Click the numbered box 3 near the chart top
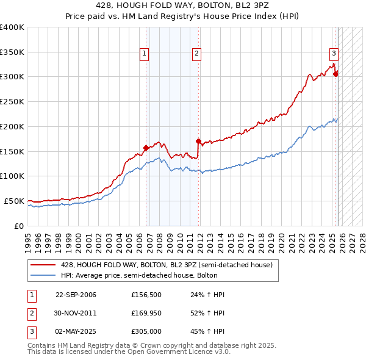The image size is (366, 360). [x=334, y=52]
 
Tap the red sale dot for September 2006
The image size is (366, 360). [x=146, y=148]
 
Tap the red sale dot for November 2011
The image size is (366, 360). [x=198, y=141]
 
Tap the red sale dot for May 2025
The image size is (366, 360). [x=335, y=74]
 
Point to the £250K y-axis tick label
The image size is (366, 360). [x=12, y=101]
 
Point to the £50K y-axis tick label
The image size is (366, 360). [x=14, y=201]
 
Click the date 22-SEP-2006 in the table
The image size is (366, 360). [x=76, y=295]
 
